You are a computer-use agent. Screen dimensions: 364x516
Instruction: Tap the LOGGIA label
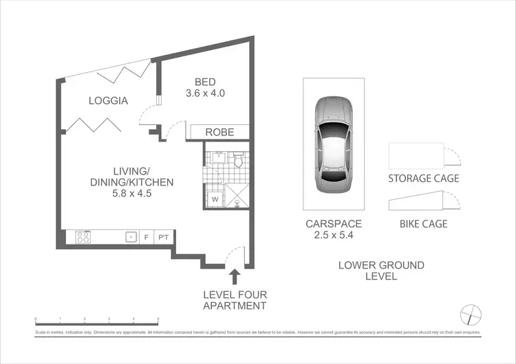(x=108, y=101)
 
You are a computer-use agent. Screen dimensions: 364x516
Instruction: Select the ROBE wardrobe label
(x=219, y=133)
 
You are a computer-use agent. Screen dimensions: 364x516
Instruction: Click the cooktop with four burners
(x=84, y=238)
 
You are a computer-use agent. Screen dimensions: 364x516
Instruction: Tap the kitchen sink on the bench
(x=130, y=238)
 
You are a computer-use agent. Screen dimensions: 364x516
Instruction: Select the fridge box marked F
(x=147, y=238)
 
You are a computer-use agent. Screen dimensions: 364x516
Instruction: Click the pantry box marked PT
(x=163, y=238)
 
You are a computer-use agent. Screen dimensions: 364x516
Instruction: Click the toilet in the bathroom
(x=238, y=161)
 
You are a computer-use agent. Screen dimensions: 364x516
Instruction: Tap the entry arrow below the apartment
(x=235, y=276)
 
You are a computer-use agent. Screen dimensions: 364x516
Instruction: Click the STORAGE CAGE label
(x=423, y=179)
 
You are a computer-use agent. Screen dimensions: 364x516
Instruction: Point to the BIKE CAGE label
(x=423, y=223)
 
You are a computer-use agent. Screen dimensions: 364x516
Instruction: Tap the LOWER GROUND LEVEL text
(x=381, y=271)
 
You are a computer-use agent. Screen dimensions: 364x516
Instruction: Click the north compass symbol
(x=471, y=315)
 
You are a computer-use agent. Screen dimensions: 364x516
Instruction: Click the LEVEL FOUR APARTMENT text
(x=234, y=300)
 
